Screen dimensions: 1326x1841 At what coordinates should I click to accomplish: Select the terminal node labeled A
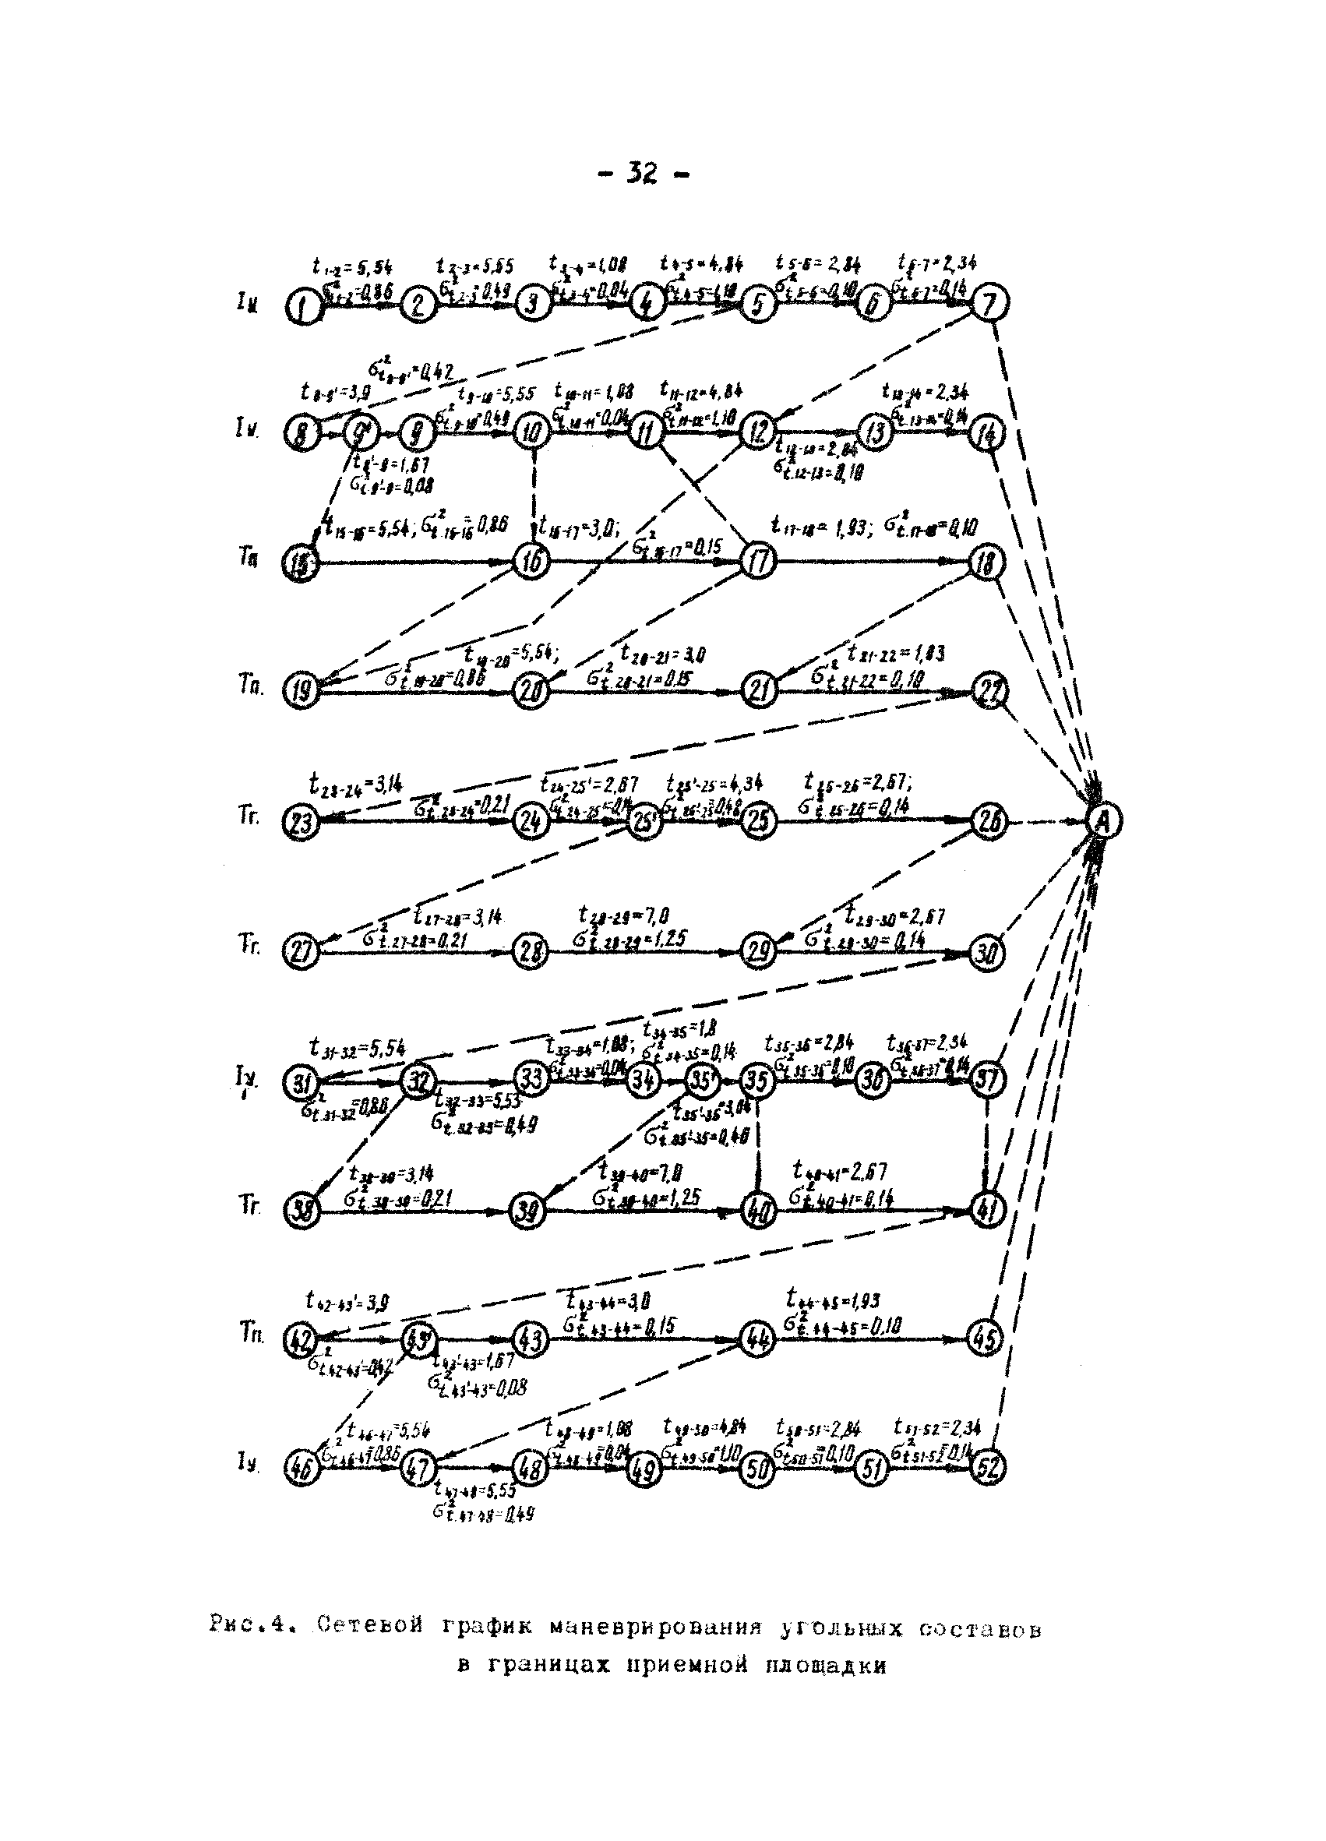tap(1104, 822)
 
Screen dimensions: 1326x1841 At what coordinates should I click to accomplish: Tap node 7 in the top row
tap(990, 303)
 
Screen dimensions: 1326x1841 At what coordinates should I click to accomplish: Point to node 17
tap(760, 562)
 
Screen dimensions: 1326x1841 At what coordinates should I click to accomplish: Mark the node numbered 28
tap(531, 952)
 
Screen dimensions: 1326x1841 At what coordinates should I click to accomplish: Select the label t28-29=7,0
tap(623, 915)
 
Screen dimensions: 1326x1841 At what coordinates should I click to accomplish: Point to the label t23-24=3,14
tap(355, 784)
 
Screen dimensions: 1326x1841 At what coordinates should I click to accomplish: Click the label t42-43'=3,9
tap(347, 1301)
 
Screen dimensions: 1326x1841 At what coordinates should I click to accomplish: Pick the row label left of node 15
tap(249, 559)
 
